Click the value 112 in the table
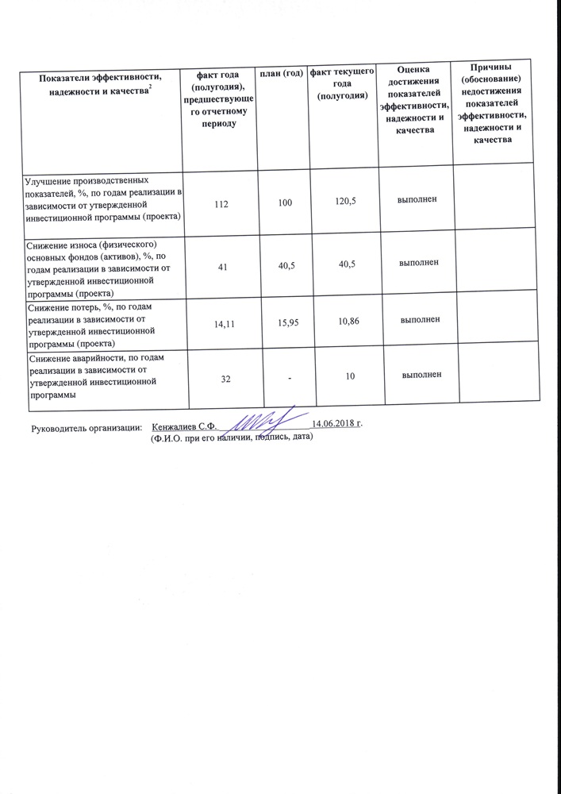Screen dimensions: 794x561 [221, 204]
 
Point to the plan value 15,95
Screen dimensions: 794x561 [283, 325]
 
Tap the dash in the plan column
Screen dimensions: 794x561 [290, 380]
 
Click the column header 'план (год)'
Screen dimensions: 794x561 [282, 74]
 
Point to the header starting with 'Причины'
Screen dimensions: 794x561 [490, 104]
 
